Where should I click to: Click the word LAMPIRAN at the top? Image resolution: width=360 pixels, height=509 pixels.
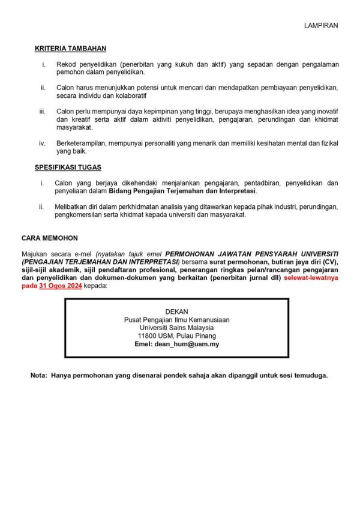tap(321, 25)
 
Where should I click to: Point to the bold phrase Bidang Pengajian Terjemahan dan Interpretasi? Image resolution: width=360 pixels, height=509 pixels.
tap(182, 191)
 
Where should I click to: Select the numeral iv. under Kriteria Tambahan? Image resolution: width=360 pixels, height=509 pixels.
tap(43, 143)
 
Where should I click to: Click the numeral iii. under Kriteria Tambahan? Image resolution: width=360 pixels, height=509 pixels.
tap(42, 111)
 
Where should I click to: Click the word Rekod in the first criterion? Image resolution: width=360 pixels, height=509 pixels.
tap(66, 63)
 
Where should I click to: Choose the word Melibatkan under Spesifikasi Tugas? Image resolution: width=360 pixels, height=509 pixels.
tap(73, 207)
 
